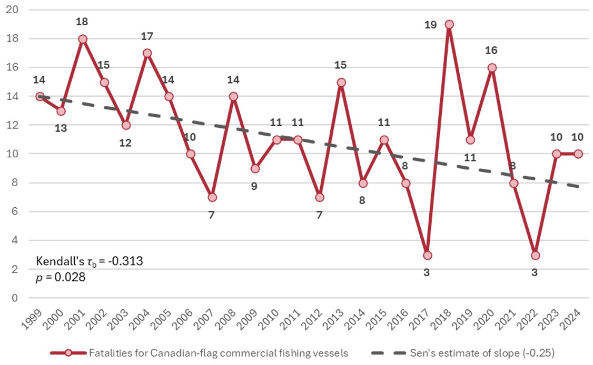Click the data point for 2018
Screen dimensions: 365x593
449,24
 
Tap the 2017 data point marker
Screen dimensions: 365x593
427,255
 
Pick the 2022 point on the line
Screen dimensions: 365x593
535,255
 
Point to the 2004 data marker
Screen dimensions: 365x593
147,53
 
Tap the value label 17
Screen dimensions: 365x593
147,36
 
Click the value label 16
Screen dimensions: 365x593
491,50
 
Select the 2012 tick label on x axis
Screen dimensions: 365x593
313,320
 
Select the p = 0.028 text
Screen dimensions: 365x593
61,277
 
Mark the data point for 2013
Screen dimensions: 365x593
341,82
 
